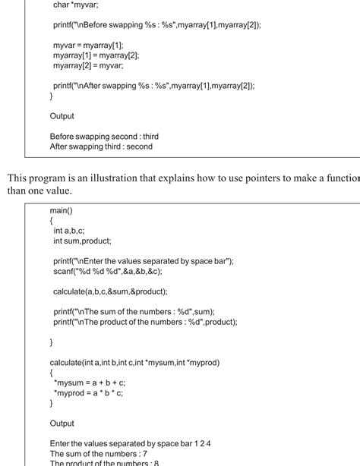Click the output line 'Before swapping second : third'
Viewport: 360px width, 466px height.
point(104,136)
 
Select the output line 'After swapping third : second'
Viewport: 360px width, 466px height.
point(101,146)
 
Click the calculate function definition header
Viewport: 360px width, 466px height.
point(134,362)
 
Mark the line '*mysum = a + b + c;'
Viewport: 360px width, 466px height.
point(90,383)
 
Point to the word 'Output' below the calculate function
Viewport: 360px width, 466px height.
point(62,423)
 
